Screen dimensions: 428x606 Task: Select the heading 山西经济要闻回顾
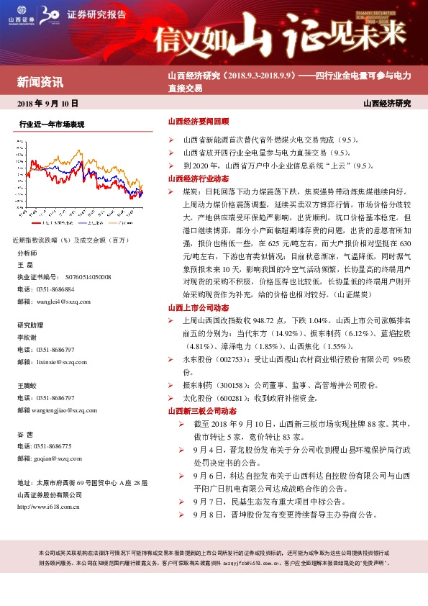198,122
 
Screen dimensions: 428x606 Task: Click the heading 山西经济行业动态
198,178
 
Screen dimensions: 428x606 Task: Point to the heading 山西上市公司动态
198,307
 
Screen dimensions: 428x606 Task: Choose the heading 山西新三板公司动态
202,411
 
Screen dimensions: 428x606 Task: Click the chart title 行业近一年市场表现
52,125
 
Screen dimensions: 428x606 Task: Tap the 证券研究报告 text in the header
95,14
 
